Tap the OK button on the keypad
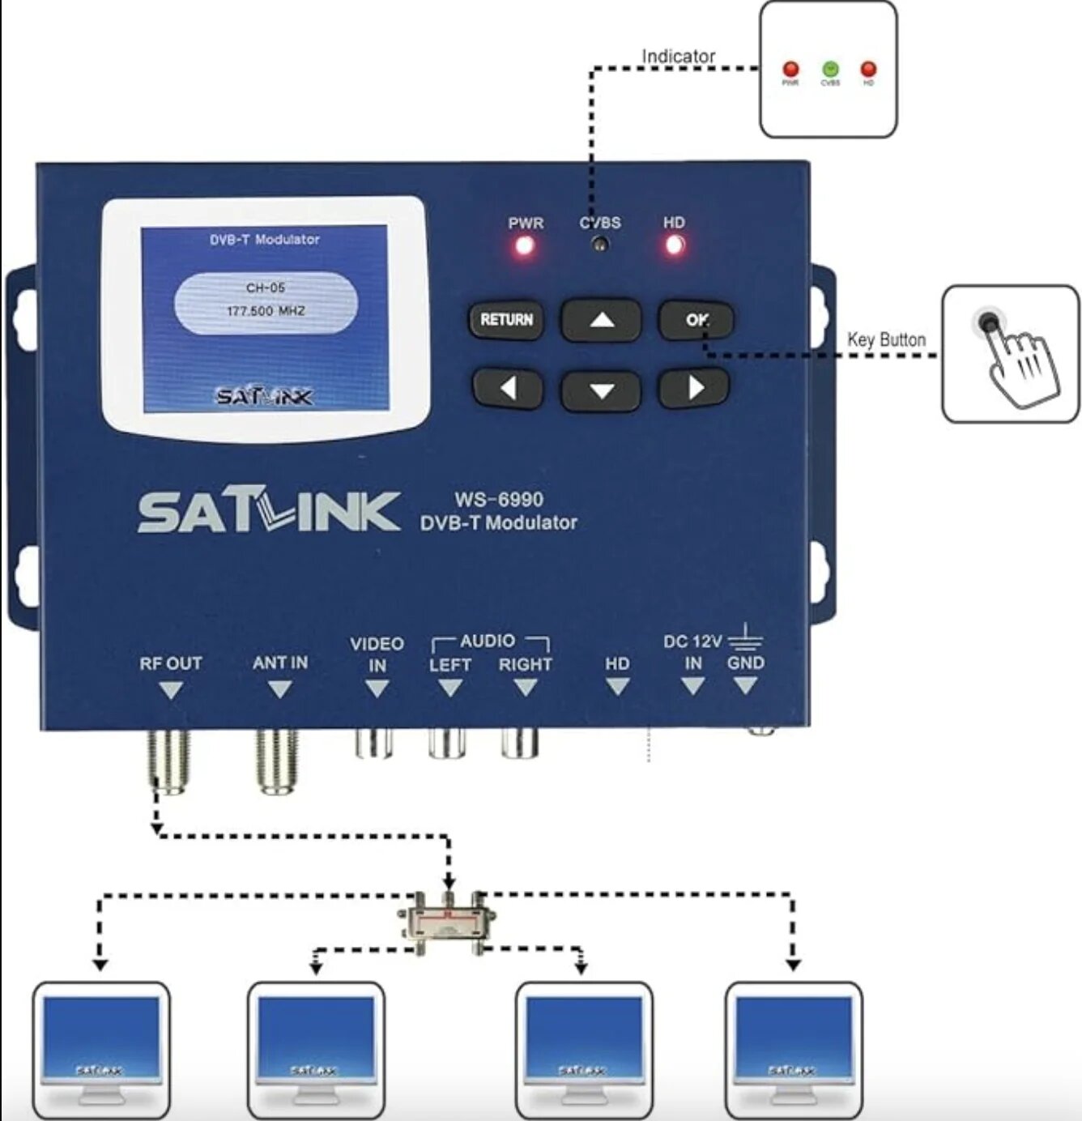[696, 320]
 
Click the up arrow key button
[601, 320]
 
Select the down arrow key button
[601, 391]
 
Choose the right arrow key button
[694, 389]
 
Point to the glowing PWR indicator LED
[525, 245]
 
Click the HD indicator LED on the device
[674, 245]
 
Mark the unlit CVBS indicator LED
[600, 245]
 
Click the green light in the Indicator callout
[830, 70]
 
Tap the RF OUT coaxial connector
[168, 761]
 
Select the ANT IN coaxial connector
[277, 761]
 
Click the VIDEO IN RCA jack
[374, 744]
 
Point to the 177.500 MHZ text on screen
[266, 311]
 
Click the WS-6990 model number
[498, 499]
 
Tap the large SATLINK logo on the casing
[268, 513]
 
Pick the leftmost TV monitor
[101, 1049]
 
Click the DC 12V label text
[692, 641]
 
